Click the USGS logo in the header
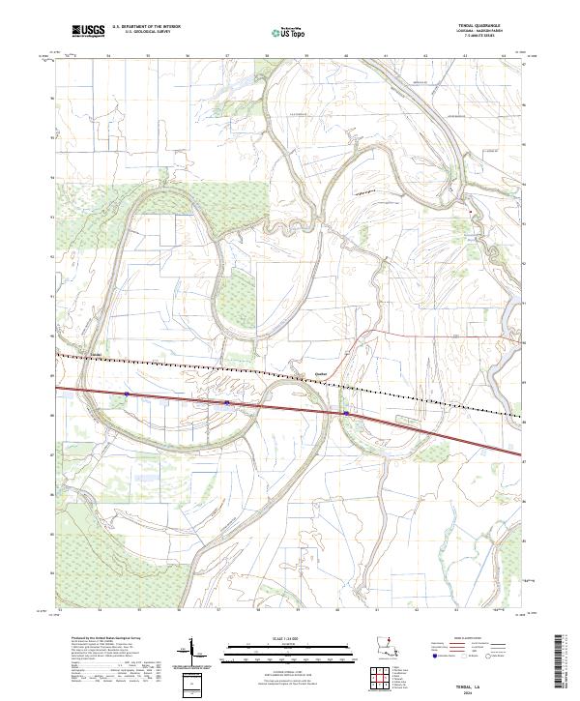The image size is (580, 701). (88, 31)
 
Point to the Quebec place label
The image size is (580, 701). (296, 371)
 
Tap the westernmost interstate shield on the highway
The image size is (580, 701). (126, 394)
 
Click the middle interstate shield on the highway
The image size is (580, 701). (226, 402)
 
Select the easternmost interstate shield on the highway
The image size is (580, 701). (345, 413)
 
